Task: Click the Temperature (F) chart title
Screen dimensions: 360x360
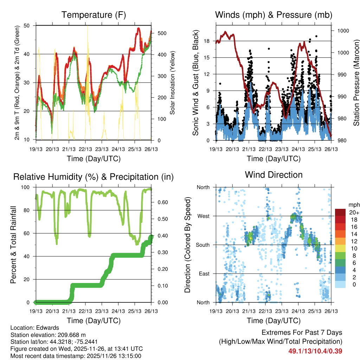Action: click(94, 15)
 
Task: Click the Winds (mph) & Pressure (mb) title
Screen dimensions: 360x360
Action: click(274, 15)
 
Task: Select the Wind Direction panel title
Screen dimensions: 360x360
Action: click(274, 174)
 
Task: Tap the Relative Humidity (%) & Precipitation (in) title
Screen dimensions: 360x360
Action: click(94, 177)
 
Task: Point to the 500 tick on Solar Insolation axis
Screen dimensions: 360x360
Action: click(162, 33)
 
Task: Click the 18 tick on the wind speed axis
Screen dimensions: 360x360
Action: click(207, 41)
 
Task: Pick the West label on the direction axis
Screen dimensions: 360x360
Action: click(203, 216)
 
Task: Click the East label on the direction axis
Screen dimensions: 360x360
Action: click(204, 274)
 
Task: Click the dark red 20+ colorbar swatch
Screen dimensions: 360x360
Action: click(340, 213)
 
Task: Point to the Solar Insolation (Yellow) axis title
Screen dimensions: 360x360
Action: click(173, 83)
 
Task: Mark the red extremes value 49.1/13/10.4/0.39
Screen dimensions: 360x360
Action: click(315, 351)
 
